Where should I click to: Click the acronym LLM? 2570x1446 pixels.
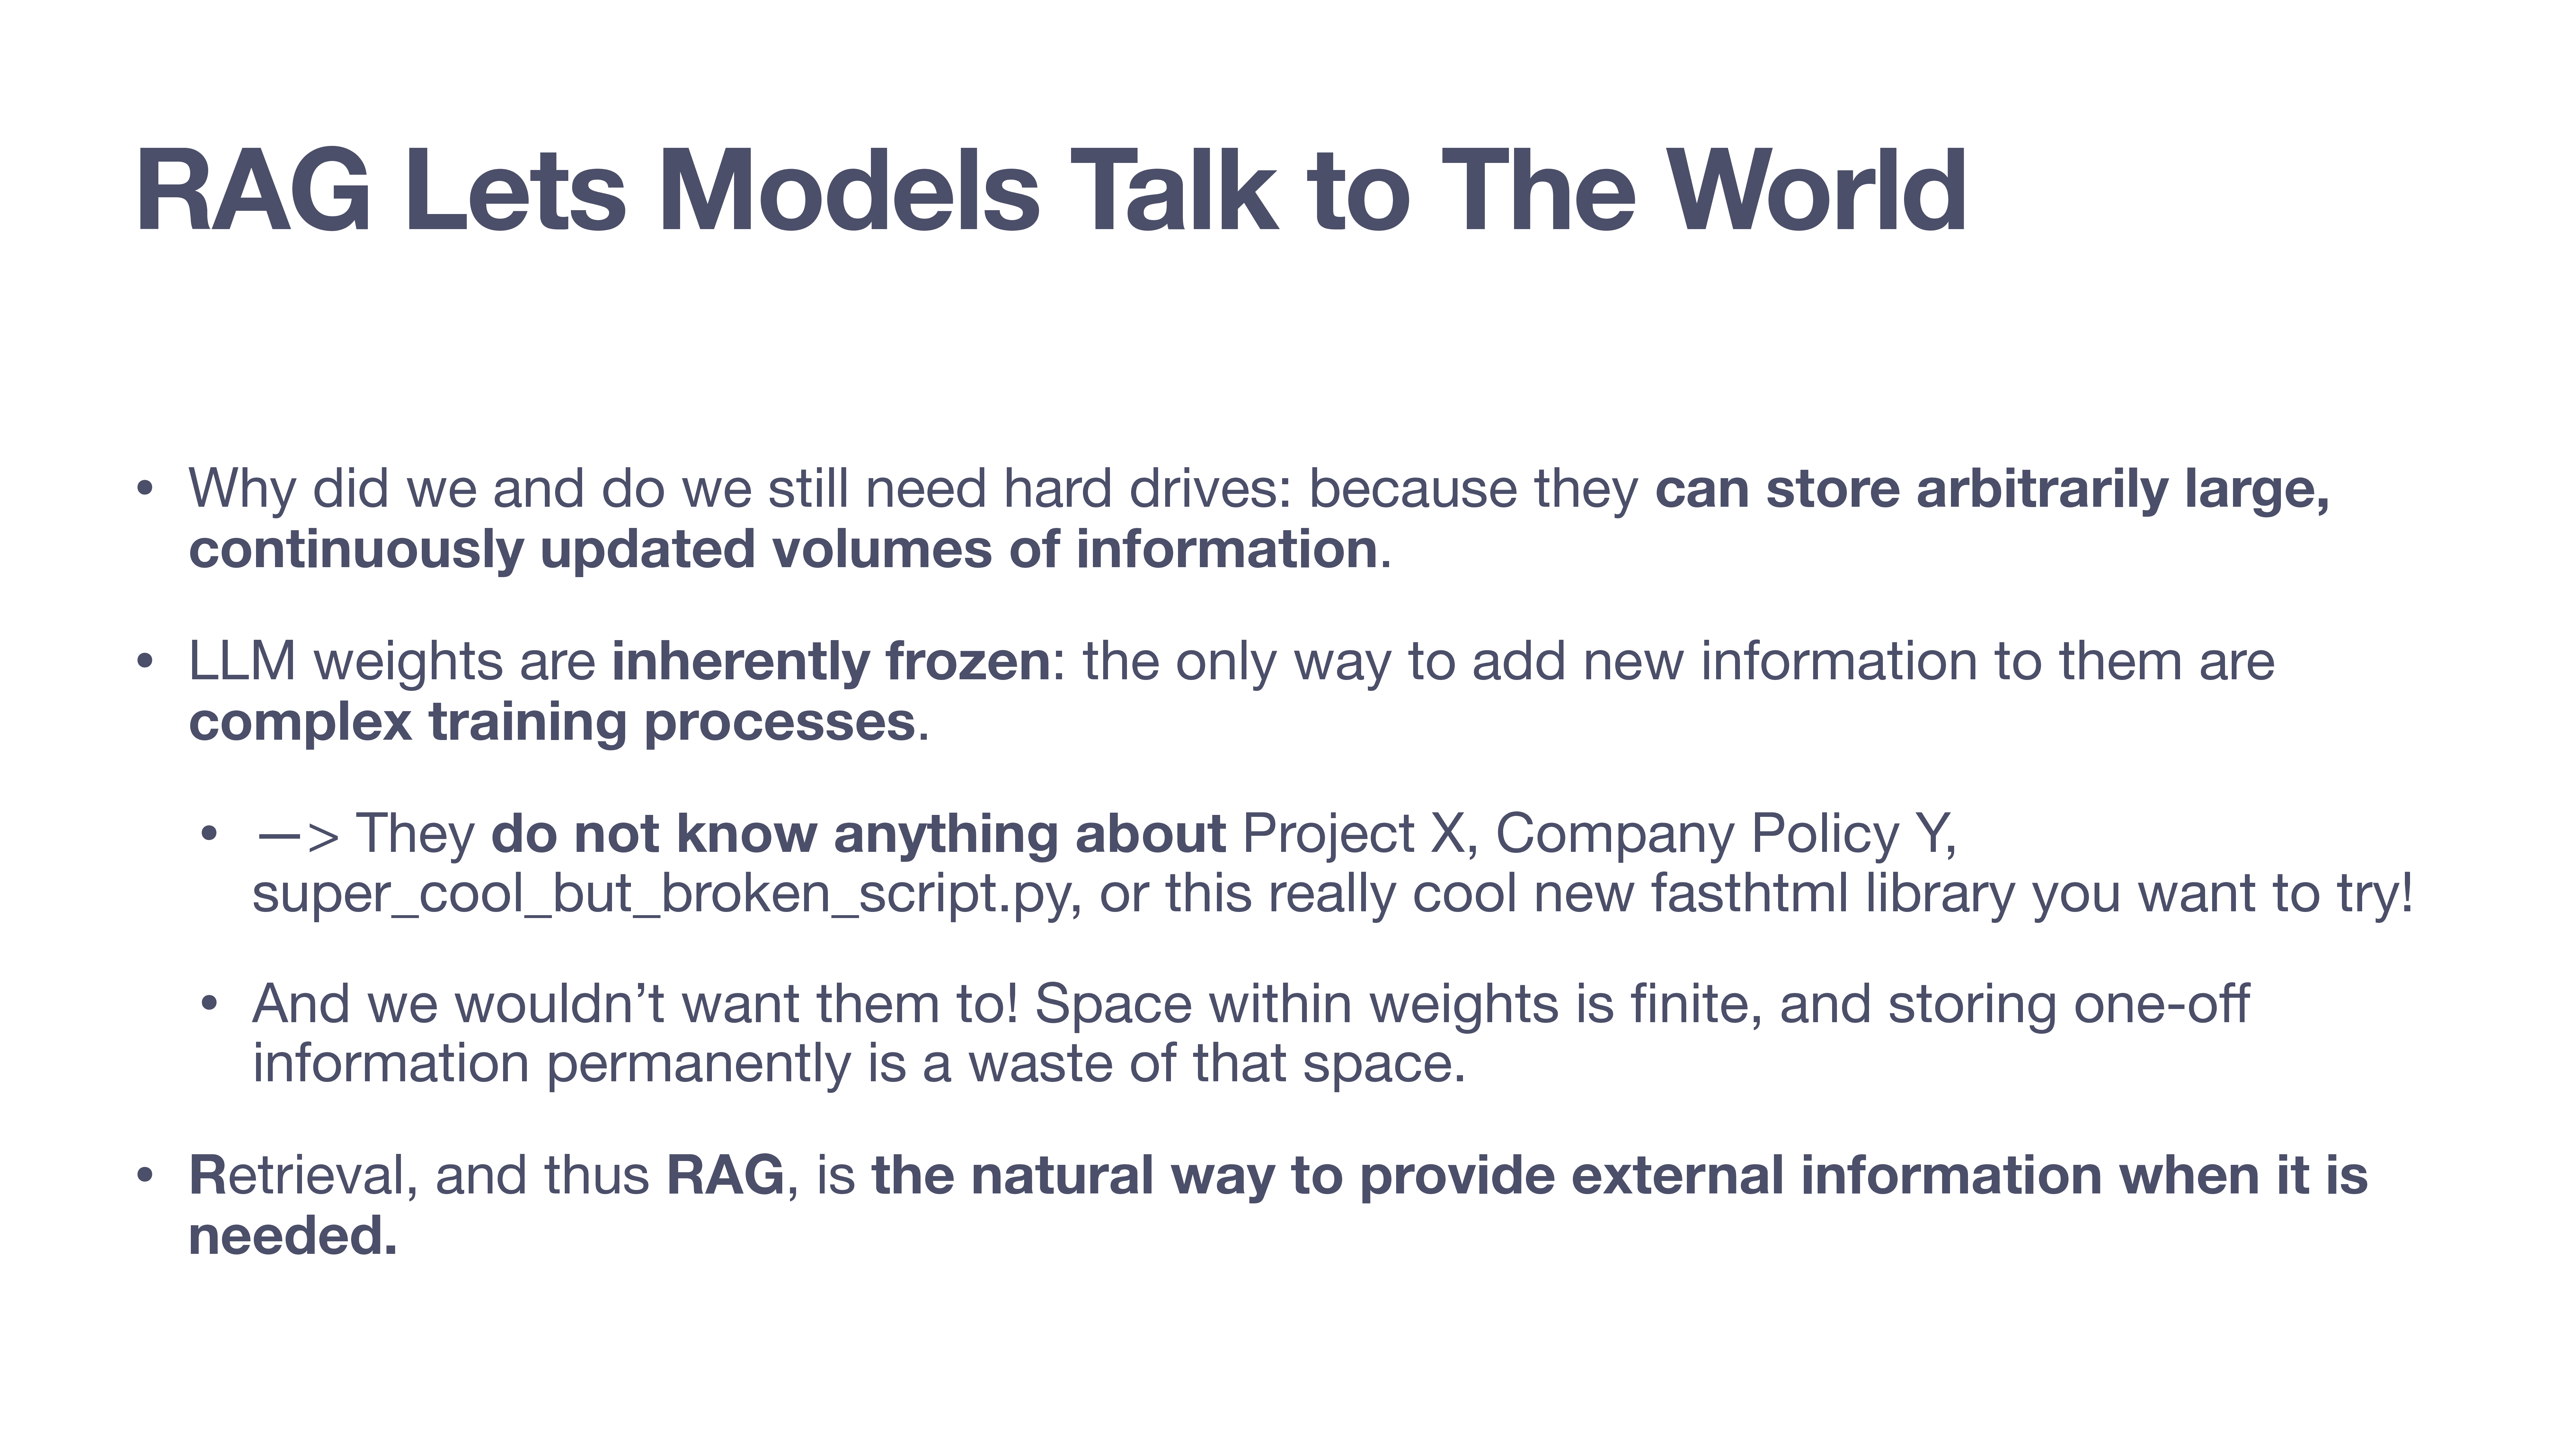click(243, 662)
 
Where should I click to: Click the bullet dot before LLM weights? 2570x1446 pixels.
click(146, 663)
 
